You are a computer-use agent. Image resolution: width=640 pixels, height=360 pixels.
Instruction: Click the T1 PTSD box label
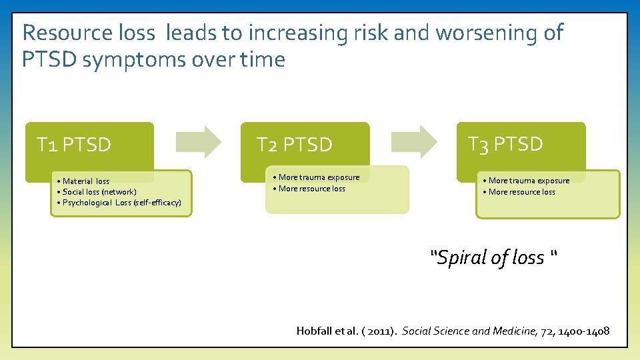[x=74, y=145]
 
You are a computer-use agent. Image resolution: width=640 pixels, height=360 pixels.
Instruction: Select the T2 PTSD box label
[x=295, y=145]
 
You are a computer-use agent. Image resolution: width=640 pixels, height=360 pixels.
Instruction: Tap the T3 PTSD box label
[x=505, y=144]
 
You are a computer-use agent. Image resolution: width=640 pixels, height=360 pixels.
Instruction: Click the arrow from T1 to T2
[x=199, y=141]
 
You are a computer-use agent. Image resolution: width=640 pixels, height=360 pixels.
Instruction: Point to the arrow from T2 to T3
[x=414, y=141]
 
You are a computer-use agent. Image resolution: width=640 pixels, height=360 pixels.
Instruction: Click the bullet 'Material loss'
[x=83, y=181]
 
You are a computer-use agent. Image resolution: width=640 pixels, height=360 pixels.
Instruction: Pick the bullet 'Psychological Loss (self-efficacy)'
[x=119, y=203]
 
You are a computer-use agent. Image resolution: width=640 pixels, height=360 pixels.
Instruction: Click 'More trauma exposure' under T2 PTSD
[x=317, y=177]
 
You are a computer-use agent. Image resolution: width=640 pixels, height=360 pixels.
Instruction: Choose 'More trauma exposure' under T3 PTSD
[x=527, y=181]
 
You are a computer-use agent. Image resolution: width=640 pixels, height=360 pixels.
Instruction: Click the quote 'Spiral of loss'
[x=494, y=257]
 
